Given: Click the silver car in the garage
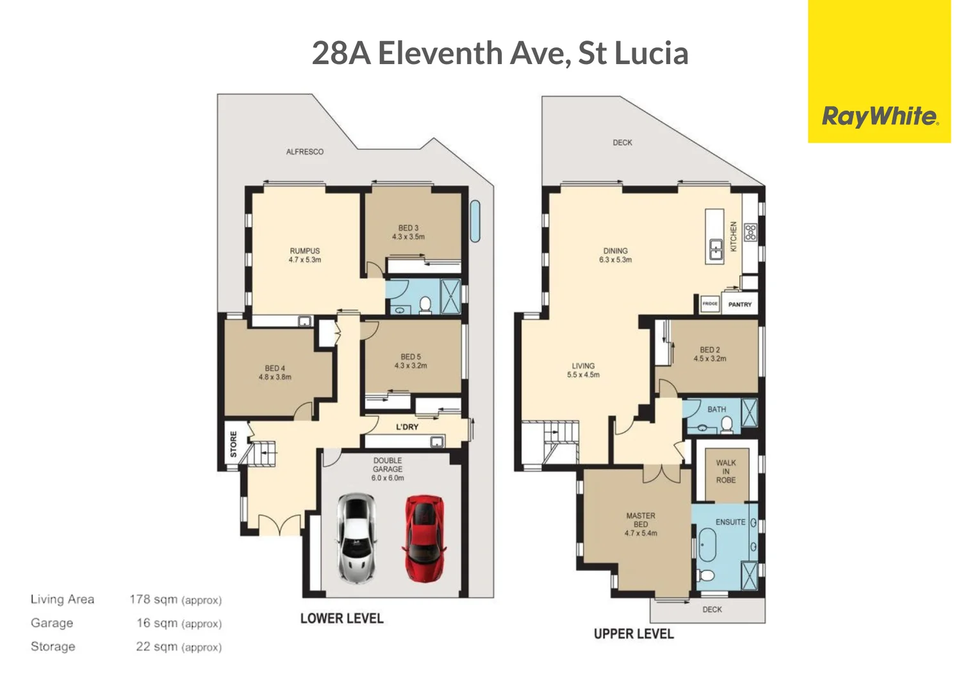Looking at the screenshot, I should pos(357,537).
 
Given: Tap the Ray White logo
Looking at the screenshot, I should pos(879,116).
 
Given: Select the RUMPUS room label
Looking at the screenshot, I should pos(304,251).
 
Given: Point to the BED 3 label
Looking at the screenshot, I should pos(408,228).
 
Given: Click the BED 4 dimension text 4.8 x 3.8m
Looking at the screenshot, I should pos(275,377).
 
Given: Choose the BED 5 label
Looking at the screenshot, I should pos(411,357).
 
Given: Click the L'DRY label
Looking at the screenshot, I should pos(407,427).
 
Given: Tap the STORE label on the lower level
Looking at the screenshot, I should pos(233,443).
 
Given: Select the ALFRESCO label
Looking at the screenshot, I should pos(304,152).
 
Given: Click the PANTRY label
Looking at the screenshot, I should pos(739,304).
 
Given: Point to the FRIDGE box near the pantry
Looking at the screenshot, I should pos(709,304).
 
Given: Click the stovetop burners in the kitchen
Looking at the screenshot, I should pos(750,232).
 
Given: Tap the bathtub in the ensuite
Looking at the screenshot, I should pos(707,545).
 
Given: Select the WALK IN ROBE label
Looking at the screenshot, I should pos(725,471).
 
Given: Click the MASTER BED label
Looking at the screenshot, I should pos(640,520).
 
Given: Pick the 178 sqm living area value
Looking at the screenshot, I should pos(154,599).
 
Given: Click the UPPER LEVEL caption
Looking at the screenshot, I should pos(633,634).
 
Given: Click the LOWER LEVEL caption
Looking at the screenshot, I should pos(341,618).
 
